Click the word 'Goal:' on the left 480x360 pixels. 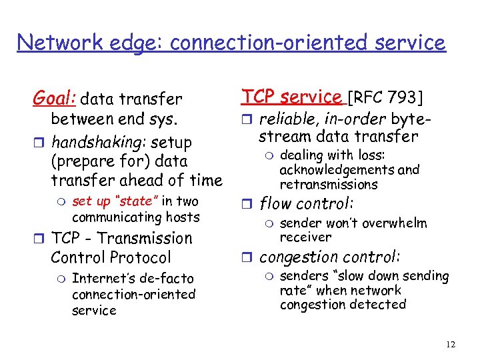54,99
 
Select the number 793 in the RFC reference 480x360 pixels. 402,98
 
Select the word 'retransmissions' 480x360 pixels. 329,184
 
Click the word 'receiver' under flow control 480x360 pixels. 305,237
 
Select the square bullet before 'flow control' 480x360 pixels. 246,205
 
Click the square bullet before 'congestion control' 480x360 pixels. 246,257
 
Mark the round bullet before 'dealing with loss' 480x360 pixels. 267,155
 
